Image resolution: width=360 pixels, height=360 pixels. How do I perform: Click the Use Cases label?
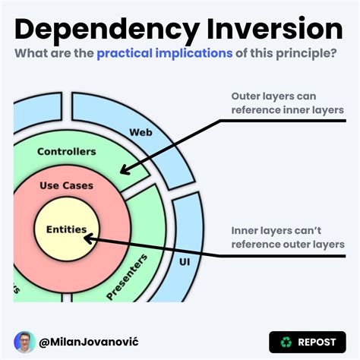pos(68,186)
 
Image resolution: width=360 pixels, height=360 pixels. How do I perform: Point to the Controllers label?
pos(67,151)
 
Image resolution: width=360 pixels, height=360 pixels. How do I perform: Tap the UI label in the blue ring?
pos(184,261)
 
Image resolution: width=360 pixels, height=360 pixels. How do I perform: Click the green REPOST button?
pos(308,342)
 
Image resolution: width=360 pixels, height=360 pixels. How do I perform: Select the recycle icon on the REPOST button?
pos(286,342)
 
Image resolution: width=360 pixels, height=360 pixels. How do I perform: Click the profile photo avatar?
pos(25,342)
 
